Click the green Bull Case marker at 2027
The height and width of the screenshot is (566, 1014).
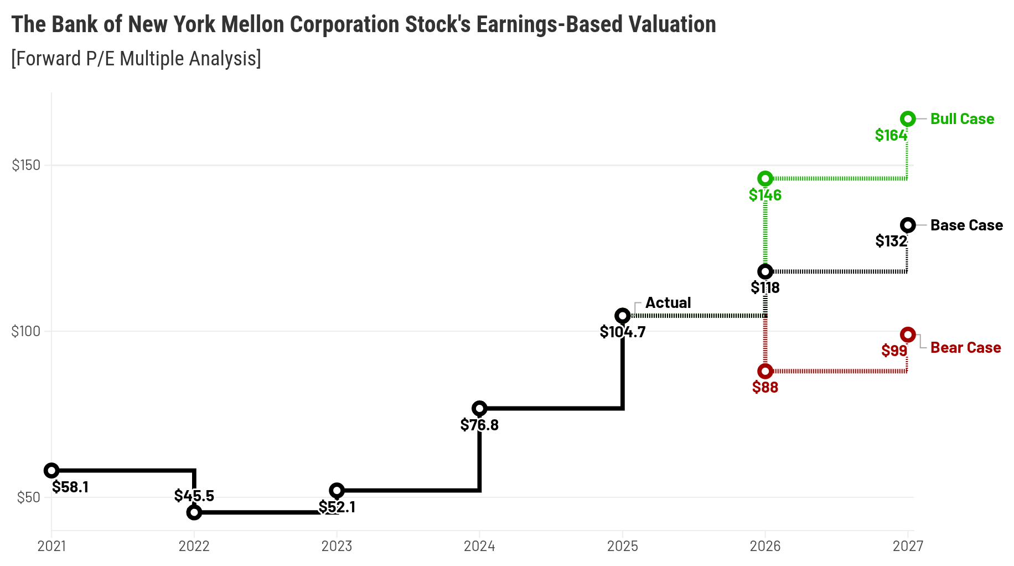pos(908,119)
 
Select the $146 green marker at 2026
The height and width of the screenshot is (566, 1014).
pos(765,178)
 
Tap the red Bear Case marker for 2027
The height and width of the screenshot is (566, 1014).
pos(908,335)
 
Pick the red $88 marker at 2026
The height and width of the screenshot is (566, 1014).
pos(765,371)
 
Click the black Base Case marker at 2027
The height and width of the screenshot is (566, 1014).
pos(908,225)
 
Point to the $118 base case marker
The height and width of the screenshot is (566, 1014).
pos(765,271)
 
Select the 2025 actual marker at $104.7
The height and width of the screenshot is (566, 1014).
pos(623,316)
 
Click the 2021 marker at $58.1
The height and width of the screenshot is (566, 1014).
pos(51,471)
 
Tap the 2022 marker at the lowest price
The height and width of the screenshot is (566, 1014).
pos(194,512)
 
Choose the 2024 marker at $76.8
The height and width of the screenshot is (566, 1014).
pos(479,409)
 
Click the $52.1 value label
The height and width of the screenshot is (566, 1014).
pos(337,507)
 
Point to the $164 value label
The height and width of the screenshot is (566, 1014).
pos(891,135)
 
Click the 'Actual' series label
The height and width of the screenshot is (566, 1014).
pos(668,303)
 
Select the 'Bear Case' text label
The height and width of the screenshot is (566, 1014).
pos(965,348)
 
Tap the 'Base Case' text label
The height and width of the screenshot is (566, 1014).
pos(966,225)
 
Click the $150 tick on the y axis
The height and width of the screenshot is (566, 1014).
pos(26,165)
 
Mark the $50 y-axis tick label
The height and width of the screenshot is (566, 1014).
pos(29,497)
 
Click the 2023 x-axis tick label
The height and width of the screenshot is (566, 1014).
pos(337,546)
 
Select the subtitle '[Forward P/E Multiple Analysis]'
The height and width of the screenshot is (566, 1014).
pos(136,58)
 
